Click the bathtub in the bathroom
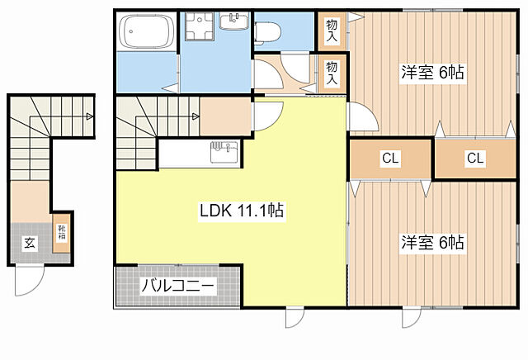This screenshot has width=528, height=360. (x=145, y=33)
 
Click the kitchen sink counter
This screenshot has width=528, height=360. (x=198, y=153)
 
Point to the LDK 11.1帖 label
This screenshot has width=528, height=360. (x=242, y=211)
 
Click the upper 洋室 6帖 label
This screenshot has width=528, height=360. (x=432, y=73)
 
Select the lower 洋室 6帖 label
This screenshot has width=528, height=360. (x=432, y=243)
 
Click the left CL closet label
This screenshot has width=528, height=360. (x=389, y=159)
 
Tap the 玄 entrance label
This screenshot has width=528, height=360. (x=28, y=243)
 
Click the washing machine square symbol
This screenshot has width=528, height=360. (x=199, y=31)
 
